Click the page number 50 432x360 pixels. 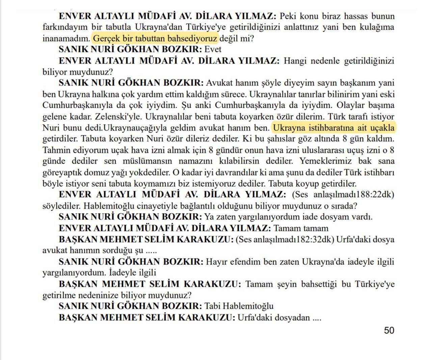pyautogui.click(x=389, y=330)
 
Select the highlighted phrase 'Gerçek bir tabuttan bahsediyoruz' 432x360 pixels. pyautogui.click(x=155, y=38)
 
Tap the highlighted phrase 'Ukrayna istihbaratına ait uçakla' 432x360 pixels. pyautogui.click(x=333, y=128)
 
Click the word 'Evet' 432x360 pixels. pyautogui.click(x=213, y=49)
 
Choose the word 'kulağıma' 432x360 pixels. pyautogui.click(x=378, y=27)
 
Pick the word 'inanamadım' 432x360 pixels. pyautogui.click(x=66, y=38)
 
